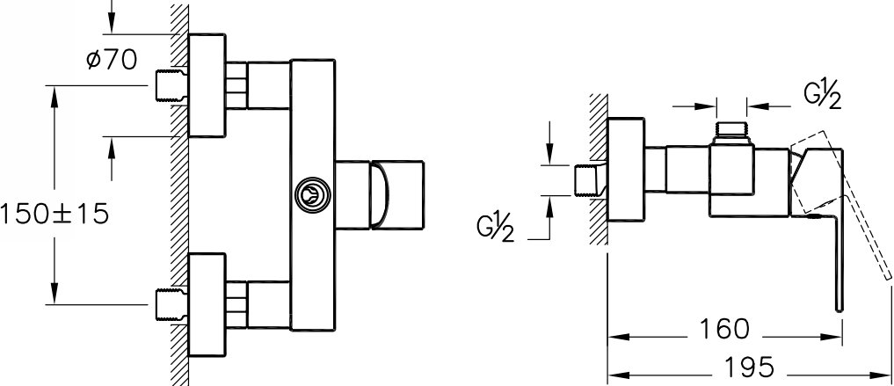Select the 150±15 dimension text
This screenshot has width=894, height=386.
pyautogui.click(x=55, y=213)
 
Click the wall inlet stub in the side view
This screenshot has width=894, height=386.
pyautogui.click(x=588, y=180)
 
